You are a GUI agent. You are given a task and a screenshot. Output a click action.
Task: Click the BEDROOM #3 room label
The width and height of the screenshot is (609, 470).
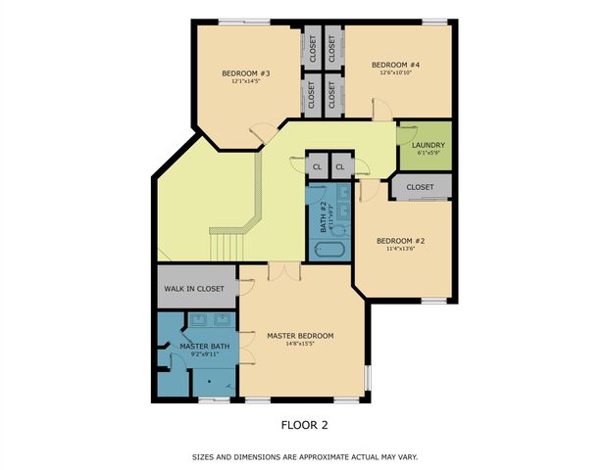click(x=245, y=72)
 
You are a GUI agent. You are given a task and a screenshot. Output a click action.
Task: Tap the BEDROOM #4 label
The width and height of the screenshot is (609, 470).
click(x=395, y=65)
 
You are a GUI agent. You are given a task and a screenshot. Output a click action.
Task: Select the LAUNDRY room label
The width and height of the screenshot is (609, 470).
click(x=429, y=145)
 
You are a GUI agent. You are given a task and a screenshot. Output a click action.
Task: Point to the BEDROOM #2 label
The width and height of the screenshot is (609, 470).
click(x=402, y=240)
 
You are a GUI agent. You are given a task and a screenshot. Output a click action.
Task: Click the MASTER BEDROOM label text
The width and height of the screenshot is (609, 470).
click(x=300, y=336)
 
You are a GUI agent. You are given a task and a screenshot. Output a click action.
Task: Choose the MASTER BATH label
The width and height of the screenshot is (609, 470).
click(x=204, y=347)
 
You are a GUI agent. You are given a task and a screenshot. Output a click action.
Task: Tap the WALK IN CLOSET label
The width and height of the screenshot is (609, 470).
click(x=194, y=290)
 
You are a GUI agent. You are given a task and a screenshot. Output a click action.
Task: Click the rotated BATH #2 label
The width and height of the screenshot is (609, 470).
click(x=322, y=212)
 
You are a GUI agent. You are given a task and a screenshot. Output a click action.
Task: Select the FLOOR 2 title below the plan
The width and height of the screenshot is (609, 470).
click(x=304, y=425)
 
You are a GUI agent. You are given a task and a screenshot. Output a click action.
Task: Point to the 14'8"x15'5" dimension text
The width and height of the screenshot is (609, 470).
click(x=300, y=345)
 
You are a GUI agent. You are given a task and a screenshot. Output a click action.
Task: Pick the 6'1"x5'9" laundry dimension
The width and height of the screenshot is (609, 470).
click(x=429, y=154)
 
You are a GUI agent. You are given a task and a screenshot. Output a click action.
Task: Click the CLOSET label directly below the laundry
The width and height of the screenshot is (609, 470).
click(x=420, y=187)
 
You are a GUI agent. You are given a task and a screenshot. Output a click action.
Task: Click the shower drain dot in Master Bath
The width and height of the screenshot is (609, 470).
click(x=210, y=383)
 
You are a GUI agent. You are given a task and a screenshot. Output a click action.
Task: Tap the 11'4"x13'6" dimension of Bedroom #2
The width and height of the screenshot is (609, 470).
click(x=402, y=249)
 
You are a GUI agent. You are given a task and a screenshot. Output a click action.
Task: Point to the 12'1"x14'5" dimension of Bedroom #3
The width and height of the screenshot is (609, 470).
click(x=245, y=81)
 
